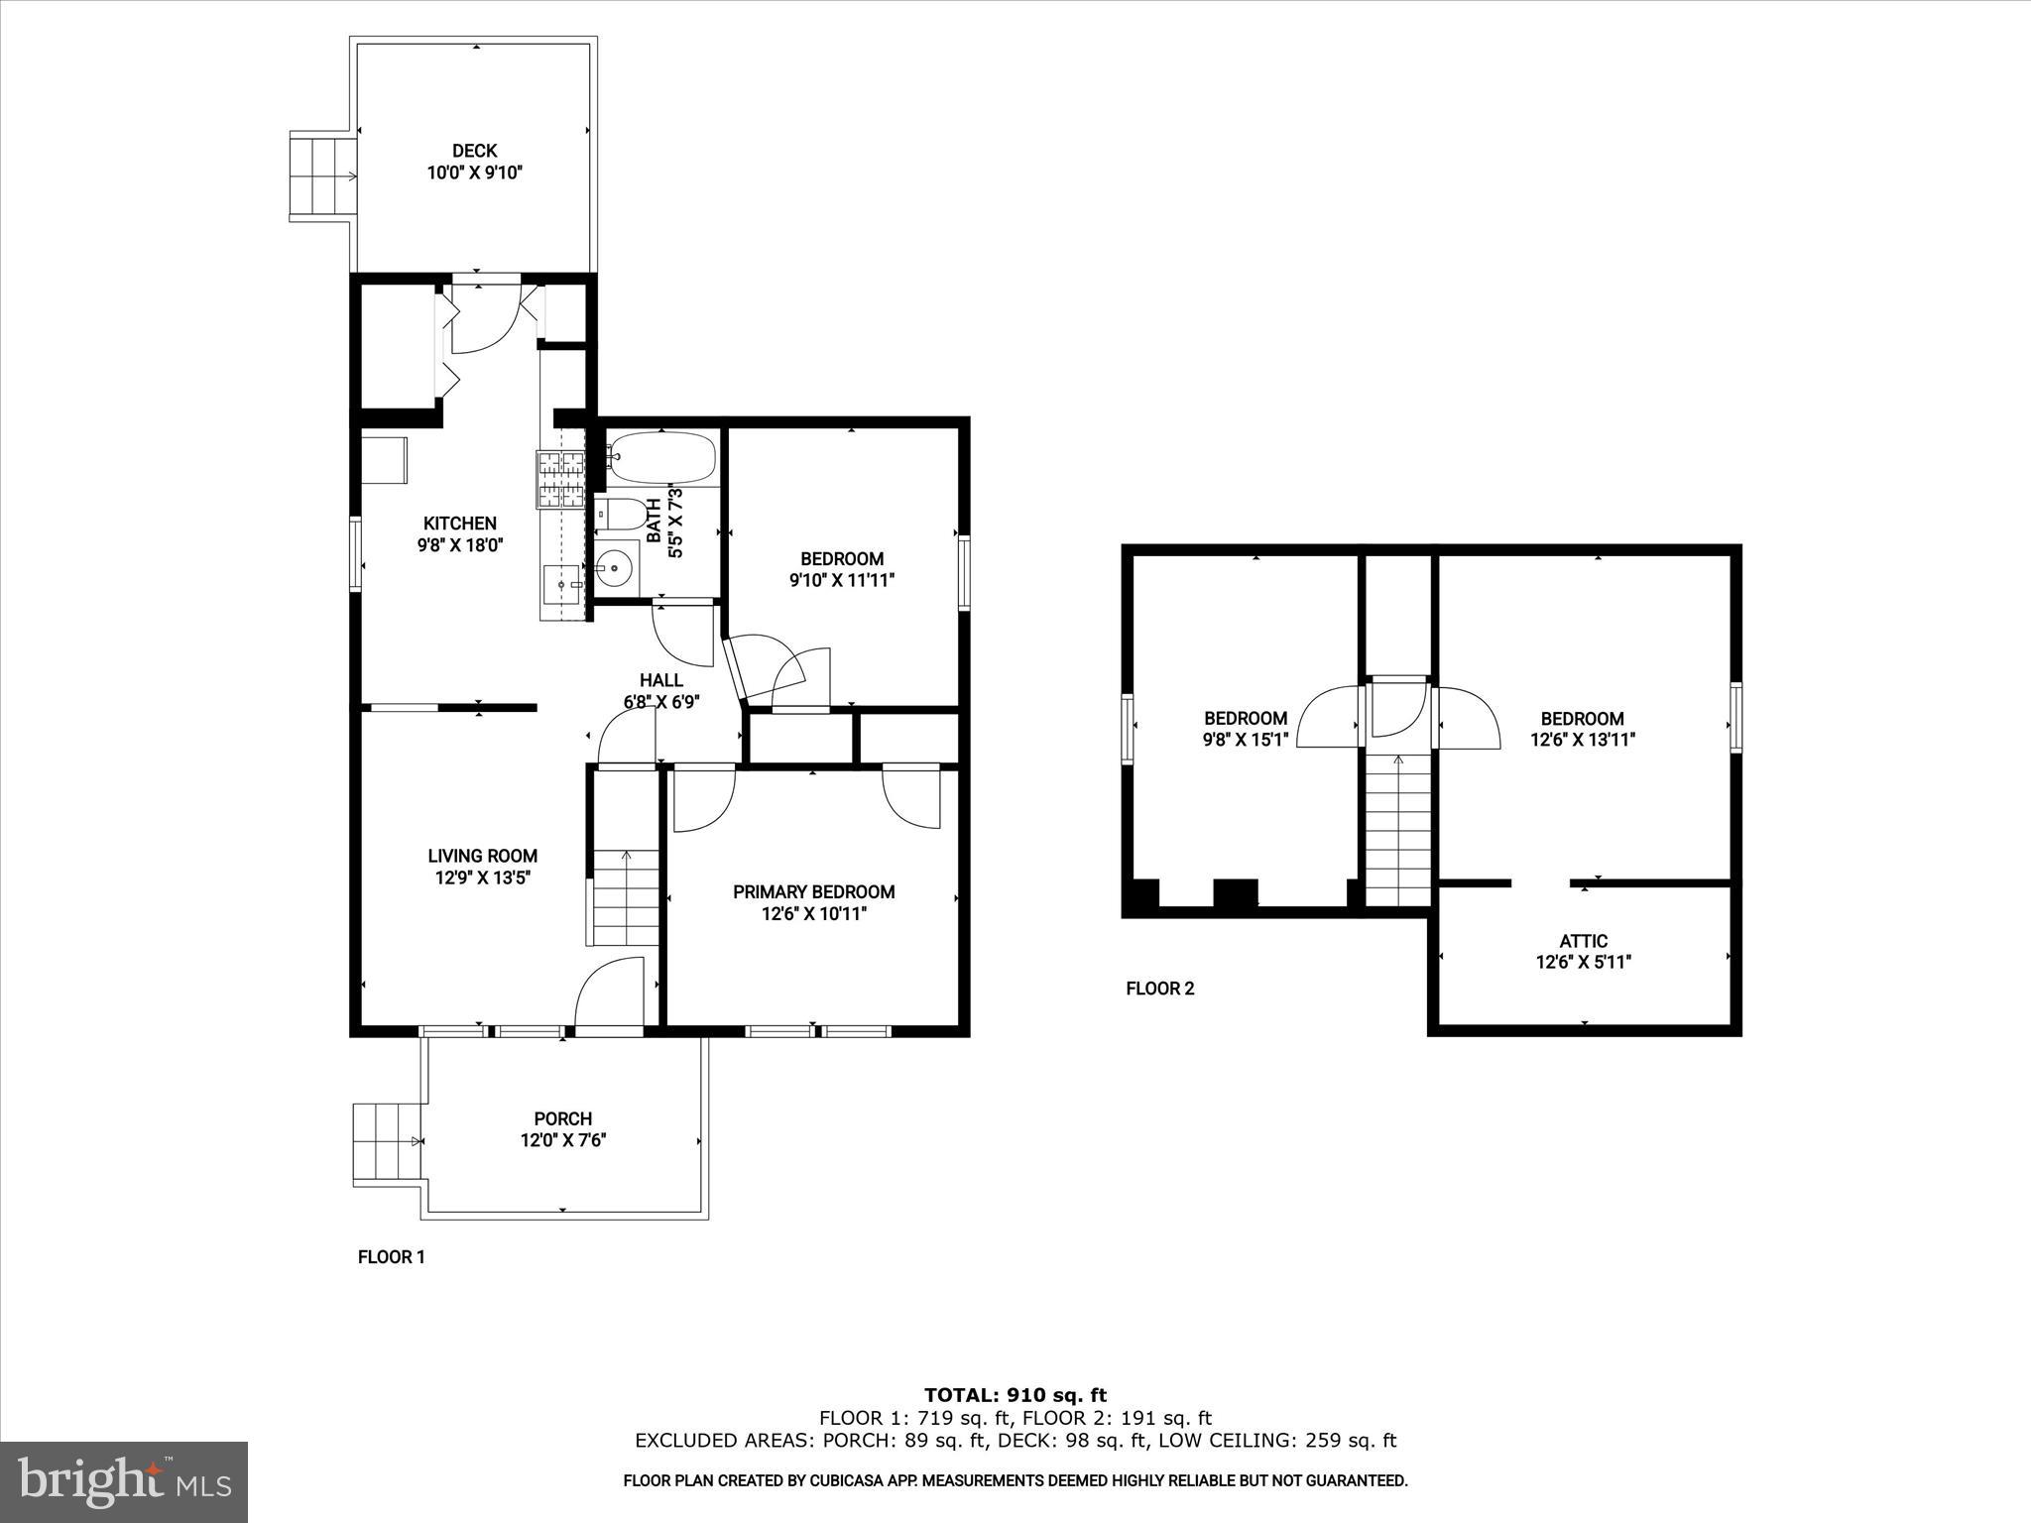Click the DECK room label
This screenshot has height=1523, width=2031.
click(474, 151)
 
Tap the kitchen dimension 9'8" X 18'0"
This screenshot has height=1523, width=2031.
click(460, 545)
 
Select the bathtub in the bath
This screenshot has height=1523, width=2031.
click(661, 458)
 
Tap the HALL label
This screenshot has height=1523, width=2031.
click(660, 680)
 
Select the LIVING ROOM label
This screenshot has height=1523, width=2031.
click(483, 856)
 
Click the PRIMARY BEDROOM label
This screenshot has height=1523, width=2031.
click(813, 892)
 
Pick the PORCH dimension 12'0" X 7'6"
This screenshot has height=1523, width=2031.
click(563, 1140)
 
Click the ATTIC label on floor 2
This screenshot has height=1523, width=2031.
click(1584, 941)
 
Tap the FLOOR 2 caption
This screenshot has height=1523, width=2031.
click(1160, 989)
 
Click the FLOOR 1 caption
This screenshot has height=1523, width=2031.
click(391, 1257)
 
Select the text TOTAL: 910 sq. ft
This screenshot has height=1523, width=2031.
click(1015, 1396)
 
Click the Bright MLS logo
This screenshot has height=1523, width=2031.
click(124, 1481)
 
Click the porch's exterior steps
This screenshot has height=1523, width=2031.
click(387, 1142)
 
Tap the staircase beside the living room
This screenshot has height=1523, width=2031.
click(627, 897)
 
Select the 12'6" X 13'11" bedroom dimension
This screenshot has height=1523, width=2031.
click(1583, 740)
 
